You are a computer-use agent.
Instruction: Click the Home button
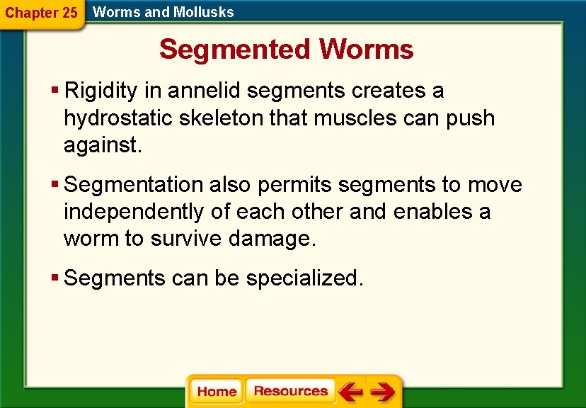coord(217,392)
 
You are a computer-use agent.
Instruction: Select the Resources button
coord(290,391)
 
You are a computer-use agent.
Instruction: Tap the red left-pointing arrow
coord(350,392)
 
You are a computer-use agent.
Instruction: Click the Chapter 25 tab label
coord(41,13)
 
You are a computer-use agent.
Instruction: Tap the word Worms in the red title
coord(366,50)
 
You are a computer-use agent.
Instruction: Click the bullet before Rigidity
coord(55,91)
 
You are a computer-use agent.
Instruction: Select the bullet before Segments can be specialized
coord(55,278)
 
